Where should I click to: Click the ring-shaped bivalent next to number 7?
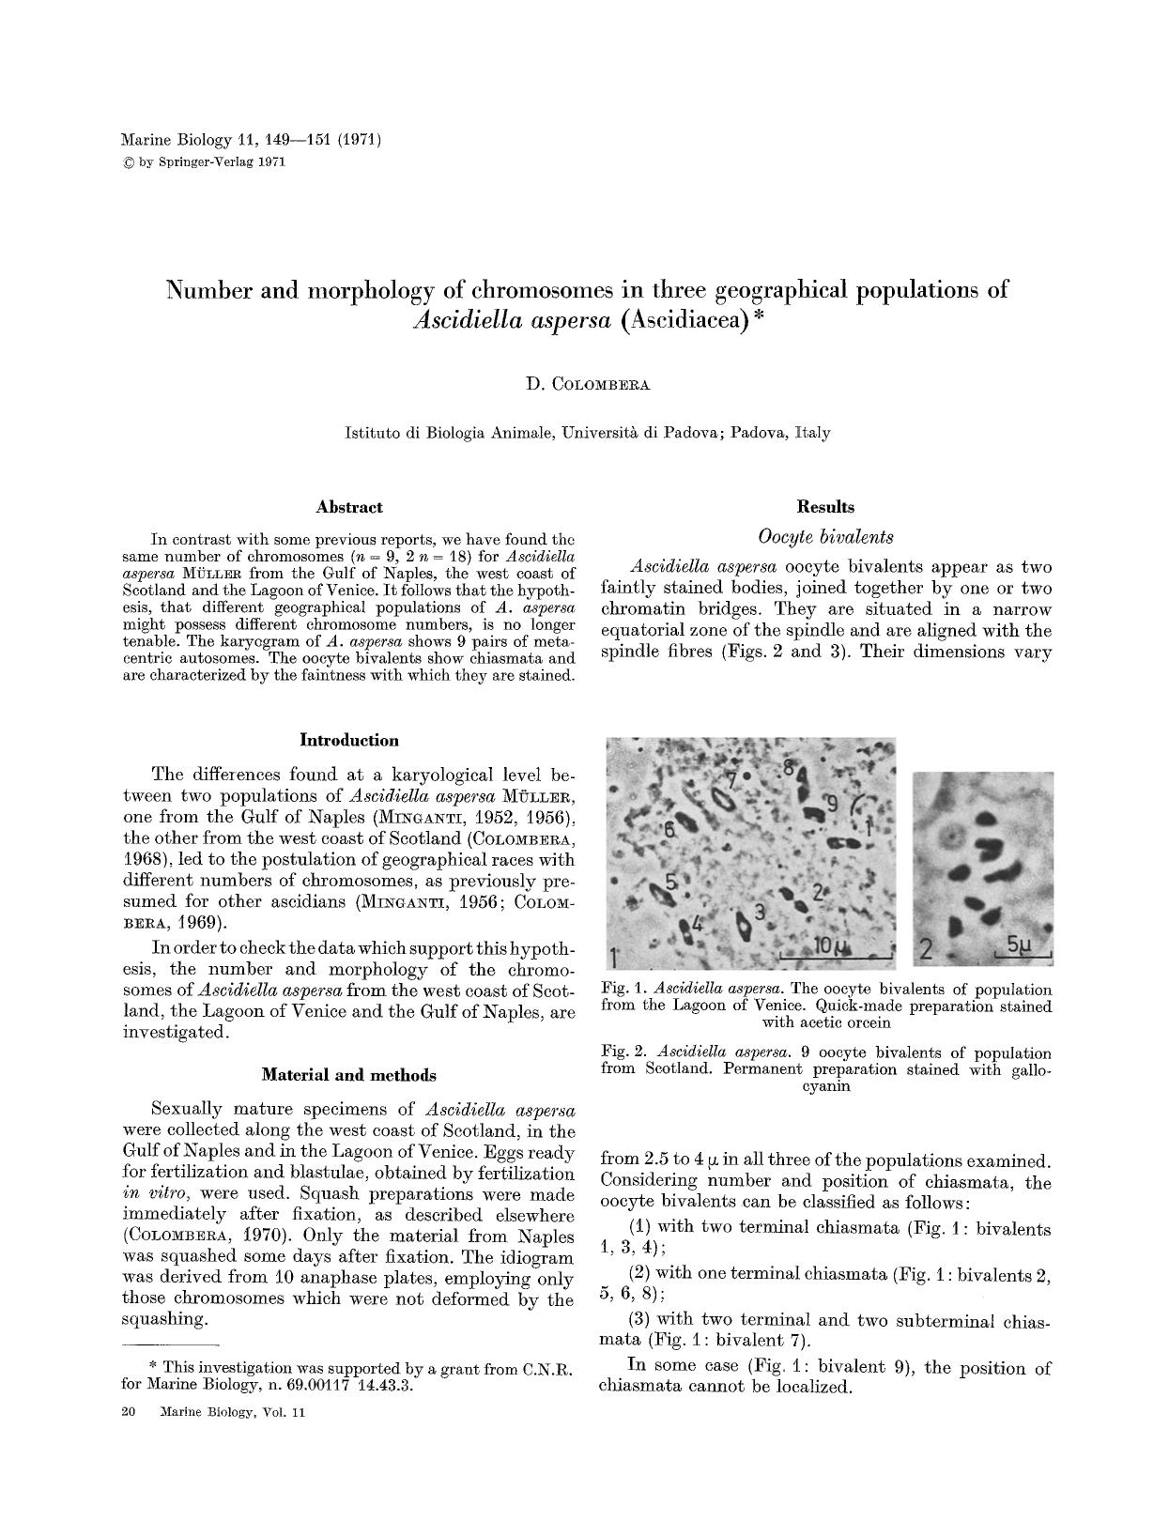point(721,798)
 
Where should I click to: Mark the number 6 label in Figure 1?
point(669,829)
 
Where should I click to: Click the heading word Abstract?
point(349,507)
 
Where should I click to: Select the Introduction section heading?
point(348,740)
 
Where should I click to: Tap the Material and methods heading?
point(348,1074)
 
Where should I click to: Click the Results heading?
point(825,507)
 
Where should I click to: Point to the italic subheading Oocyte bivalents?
point(825,537)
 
